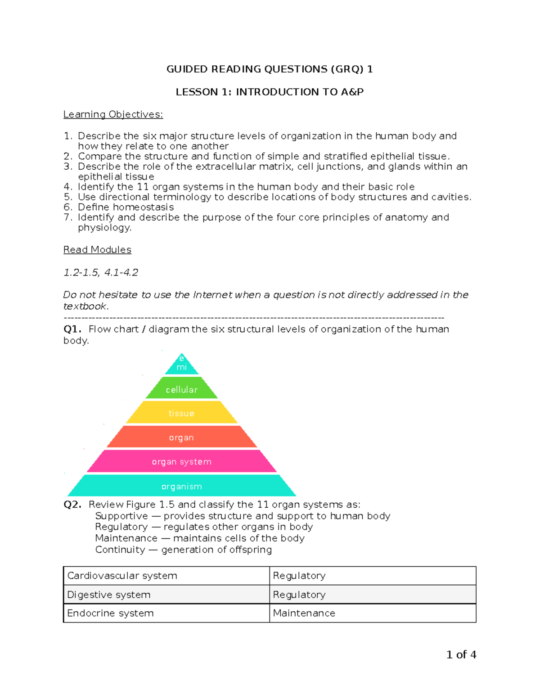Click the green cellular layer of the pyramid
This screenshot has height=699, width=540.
pyautogui.click(x=181, y=389)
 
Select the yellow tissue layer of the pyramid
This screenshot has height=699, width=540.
pyautogui.click(x=181, y=413)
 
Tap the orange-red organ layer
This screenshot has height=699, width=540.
pyautogui.click(x=181, y=437)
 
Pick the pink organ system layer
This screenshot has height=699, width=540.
pyautogui.click(x=181, y=462)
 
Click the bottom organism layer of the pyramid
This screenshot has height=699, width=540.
pyautogui.click(x=181, y=486)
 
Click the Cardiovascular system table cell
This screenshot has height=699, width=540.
pyautogui.click(x=166, y=576)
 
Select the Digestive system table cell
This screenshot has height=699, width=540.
pyautogui.click(x=166, y=595)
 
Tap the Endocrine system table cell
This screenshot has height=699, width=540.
pyautogui.click(x=166, y=613)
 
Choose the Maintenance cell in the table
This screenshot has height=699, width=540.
pyautogui.click(x=372, y=613)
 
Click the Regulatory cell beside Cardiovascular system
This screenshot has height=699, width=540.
pyautogui.click(x=372, y=576)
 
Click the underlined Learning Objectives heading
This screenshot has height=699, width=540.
pyautogui.click(x=113, y=114)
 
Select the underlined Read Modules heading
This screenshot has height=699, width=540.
pyautogui.click(x=97, y=250)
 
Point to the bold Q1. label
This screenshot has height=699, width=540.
pyautogui.click(x=72, y=329)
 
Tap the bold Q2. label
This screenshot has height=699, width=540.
pyautogui.click(x=72, y=505)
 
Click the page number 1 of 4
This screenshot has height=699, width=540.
pyautogui.click(x=461, y=654)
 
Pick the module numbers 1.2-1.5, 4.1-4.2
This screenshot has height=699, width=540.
pyautogui.click(x=101, y=272)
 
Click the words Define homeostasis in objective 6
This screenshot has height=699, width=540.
pyautogui.click(x=126, y=207)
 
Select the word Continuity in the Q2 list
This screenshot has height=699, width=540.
pyautogui.click(x=120, y=550)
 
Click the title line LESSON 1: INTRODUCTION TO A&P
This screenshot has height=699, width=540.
pyautogui.click(x=270, y=92)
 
